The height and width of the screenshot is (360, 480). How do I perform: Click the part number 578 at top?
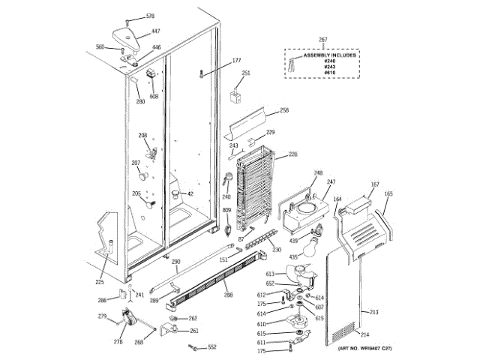tap(150, 16)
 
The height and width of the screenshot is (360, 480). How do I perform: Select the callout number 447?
tap(156, 31)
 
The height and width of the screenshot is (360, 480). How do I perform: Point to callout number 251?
tap(245, 73)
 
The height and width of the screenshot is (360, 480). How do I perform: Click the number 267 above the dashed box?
tap(323, 39)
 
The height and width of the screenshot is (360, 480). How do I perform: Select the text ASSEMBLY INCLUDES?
tap(330, 55)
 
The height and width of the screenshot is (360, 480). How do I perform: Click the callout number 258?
tap(284, 110)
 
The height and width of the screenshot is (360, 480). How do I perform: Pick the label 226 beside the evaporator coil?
tap(293, 154)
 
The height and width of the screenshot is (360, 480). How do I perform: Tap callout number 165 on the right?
tap(388, 193)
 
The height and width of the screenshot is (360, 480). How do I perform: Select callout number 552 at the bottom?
tap(212, 347)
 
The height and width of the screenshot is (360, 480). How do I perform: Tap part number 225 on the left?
tap(100, 282)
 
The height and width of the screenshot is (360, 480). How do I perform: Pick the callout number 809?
tap(226, 211)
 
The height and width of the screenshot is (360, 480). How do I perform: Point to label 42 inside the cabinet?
tap(190, 194)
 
